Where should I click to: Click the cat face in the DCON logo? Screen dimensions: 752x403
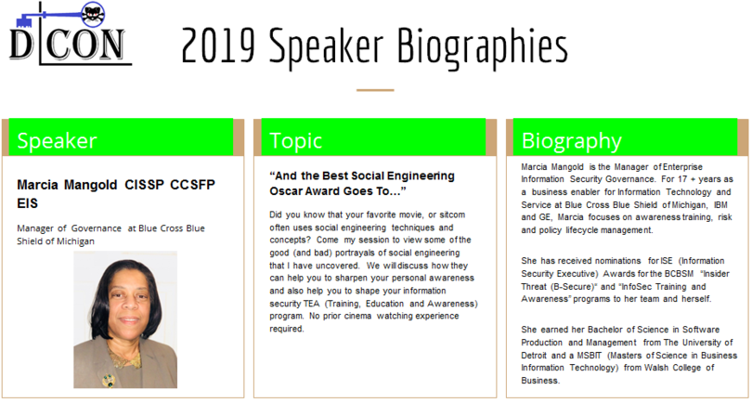point(93,15)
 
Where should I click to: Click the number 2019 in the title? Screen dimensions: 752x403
point(218,46)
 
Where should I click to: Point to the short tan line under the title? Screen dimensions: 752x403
point(375,90)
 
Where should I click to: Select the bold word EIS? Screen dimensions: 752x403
point(27,203)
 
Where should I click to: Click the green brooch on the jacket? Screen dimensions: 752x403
point(109,381)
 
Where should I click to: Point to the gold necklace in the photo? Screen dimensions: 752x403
point(123,357)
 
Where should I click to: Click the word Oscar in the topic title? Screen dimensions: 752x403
point(284,191)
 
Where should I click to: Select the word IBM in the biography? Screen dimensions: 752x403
point(720,205)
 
